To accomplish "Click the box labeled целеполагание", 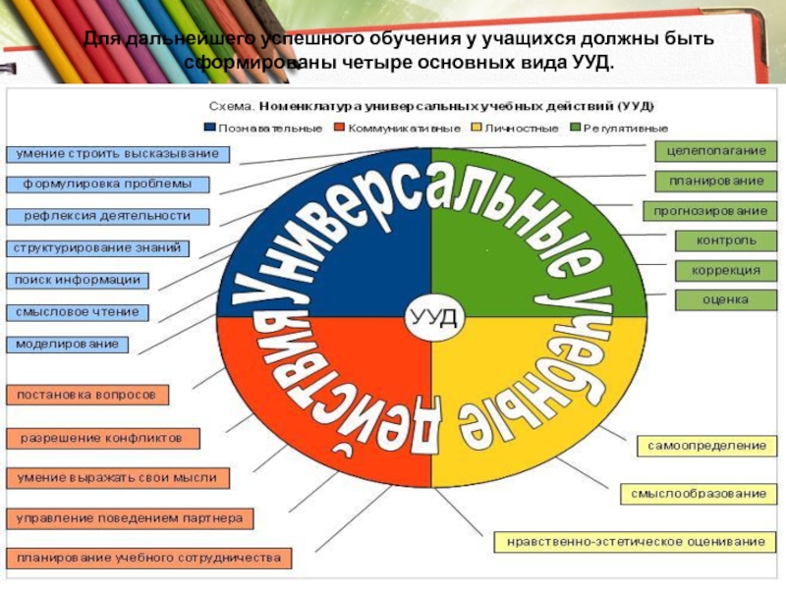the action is click(716, 151).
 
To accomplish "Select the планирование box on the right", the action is click(716, 181).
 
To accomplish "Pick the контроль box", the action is click(726, 241).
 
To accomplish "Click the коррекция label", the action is click(726, 270).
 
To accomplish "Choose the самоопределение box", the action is click(705, 446).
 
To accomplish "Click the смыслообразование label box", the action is click(698, 493).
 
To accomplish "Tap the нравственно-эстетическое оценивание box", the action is click(634, 541).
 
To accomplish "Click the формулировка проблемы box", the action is click(109, 184).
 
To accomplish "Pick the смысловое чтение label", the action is click(79, 313).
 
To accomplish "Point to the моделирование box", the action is click(68, 345).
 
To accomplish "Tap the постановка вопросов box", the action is click(87, 395).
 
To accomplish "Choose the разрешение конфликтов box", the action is click(103, 438).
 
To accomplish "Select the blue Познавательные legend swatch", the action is click(209, 128).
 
